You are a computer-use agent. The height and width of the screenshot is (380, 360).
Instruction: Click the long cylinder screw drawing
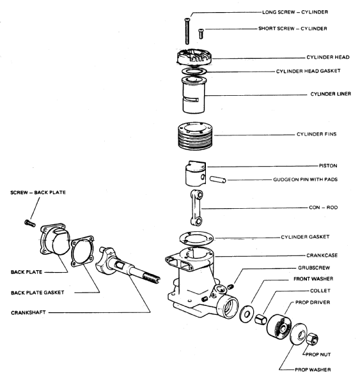pyautogui.click(x=187, y=31)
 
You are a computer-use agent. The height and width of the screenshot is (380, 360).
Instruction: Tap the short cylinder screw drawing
pyautogui.click(x=201, y=34)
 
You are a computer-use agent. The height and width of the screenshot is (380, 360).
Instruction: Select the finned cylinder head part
pyautogui.click(x=194, y=57)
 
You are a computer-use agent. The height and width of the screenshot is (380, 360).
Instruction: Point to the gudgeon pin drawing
pyautogui.click(x=218, y=179)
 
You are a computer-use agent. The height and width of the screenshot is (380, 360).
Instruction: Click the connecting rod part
pyautogui.click(x=196, y=208)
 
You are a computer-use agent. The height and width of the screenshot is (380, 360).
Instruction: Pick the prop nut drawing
pyautogui.click(x=312, y=338)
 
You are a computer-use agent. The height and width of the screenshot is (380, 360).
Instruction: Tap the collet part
pyautogui.click(x=261, y=319)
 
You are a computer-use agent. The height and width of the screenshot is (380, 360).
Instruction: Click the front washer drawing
pyautogui.click(x=246, y=314)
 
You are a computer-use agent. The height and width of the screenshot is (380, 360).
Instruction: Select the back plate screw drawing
pyautogui.click(x=30, y=223)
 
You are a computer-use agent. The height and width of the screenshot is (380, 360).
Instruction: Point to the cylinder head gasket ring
pyautogui.click(x=194, y=72)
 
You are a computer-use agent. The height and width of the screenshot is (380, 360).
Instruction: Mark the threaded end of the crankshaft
pyautogui.click(x=152, y=278)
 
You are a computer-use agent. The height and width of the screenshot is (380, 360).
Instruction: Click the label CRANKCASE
pyautogui.click(x=322, y=255)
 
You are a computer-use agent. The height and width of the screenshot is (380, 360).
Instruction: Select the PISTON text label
pyautogui.click(x=328, y=166)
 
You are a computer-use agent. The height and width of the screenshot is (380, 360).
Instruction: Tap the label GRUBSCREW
pyautogui.click(x=314, y=268)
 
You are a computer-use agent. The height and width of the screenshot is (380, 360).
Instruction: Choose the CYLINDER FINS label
pyautogui.click(x=317, y=134)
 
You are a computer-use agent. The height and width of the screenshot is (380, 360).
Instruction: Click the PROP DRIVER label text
pyautogui.click(x=313, y=303)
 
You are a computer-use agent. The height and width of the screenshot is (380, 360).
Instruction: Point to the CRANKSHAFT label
pyautogui.click(x=28, y=313)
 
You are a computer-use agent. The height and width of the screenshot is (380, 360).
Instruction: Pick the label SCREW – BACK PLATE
pyautogui.click(x=38, y=192)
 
